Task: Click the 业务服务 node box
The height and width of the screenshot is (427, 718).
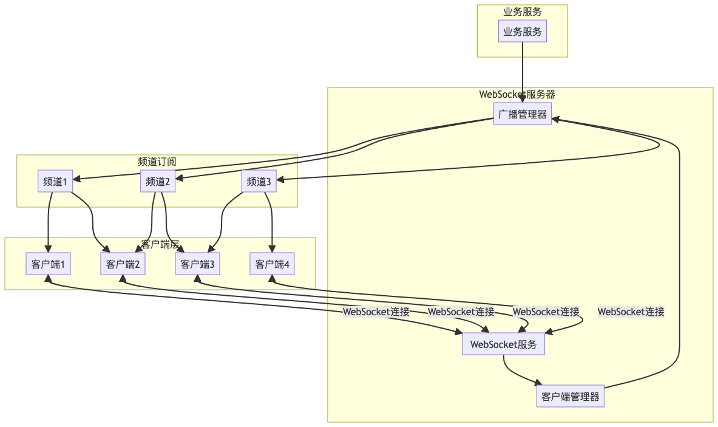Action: click(523, 32)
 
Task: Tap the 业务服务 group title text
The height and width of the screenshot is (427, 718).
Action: click(523, 12)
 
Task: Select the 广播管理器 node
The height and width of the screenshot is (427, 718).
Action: click(523, 114)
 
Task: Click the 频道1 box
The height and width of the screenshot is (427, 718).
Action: click(55, 181)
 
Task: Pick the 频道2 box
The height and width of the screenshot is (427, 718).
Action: click(158, 181)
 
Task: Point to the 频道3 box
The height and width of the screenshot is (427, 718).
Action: click(259, 181)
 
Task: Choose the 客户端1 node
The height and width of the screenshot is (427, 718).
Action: click(48, 264)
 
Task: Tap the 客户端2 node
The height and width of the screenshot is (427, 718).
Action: click(123, 264)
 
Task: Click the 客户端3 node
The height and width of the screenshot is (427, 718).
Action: click(197, 264)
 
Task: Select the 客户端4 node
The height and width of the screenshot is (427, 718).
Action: click(273, 264)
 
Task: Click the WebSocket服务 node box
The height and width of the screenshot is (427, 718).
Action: click(504, 344)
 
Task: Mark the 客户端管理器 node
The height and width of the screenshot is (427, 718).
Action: click(571, 397)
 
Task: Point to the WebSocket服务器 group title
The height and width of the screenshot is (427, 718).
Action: click(517, 94)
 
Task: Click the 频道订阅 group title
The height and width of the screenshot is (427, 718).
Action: click(157, 162)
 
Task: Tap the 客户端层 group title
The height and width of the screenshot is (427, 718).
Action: click(160, 244)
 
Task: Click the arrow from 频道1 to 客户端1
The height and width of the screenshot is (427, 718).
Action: click(49, 222)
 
